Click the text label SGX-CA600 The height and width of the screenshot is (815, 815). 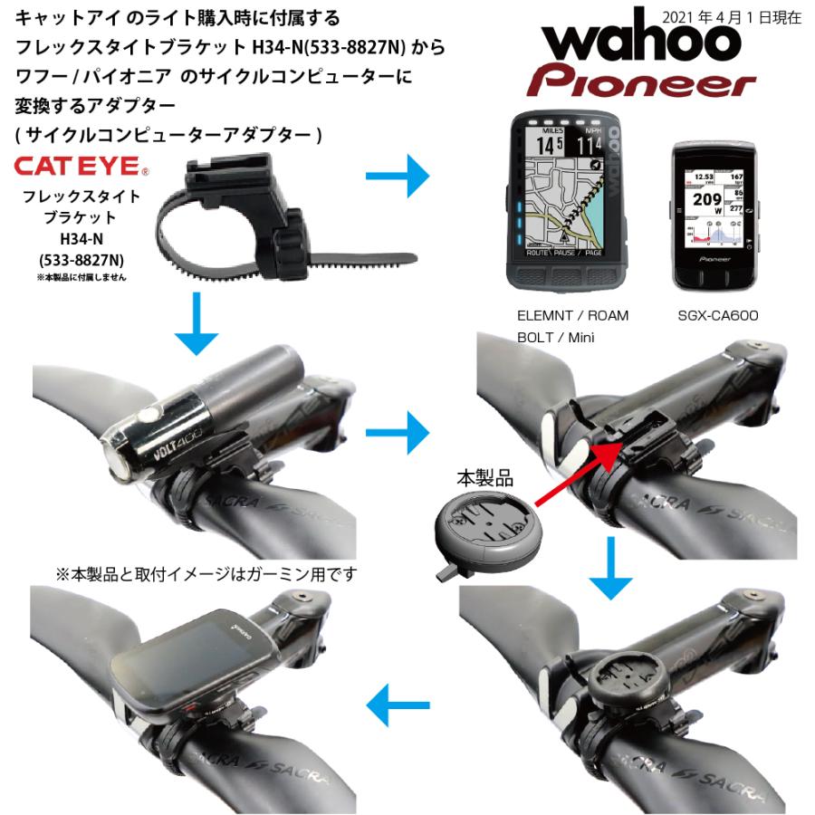point(717,316)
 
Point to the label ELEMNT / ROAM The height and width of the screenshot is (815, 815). point(572,316)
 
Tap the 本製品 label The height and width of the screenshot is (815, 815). point(484,477)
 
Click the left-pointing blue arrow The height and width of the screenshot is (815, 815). point(402,702)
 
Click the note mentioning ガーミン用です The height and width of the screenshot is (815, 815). point(206,573)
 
